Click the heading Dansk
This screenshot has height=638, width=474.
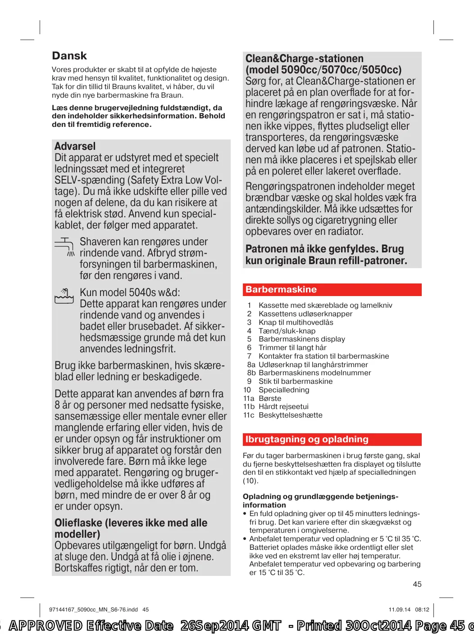tap(69, 56)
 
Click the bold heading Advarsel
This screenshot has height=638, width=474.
tap(75, 146)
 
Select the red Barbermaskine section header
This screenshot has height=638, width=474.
tap(332, 290)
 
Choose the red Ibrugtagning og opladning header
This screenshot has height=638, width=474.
tap(332, 440)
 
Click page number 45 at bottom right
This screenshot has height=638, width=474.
tap(417, 584)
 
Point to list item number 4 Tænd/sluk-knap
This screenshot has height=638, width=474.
tap(287, 331)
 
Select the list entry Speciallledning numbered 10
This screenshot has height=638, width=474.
tap(283, 390)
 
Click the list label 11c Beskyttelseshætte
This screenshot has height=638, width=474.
tap(290, 415)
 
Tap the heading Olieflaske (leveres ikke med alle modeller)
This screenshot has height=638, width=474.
tap(131, 528)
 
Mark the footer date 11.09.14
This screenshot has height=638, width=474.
tap(400, 610)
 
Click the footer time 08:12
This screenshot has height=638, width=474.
tap(422, 610)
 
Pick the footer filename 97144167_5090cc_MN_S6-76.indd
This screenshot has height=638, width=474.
tap(93, 610)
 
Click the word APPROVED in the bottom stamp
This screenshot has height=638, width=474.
tap(46, 626)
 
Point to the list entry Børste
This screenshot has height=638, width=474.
tap(269, 398)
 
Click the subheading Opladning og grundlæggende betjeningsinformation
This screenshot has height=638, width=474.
tap(320, 500)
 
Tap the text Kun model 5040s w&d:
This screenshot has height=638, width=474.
tap(130, 292)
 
